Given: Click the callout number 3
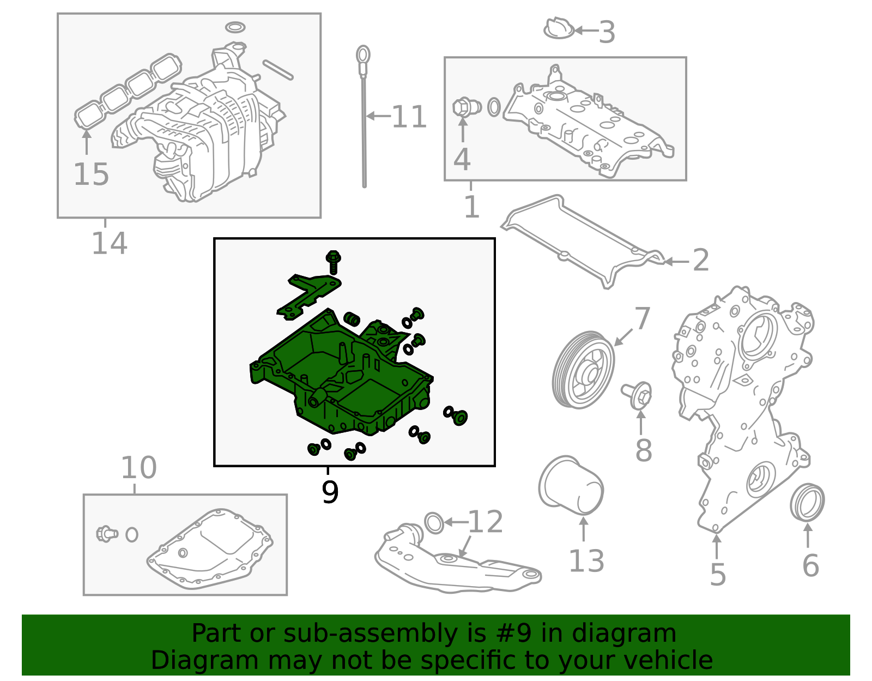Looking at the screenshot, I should pyautogui.click(x=607, y=32).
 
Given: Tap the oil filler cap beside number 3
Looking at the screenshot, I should pyautogui.click(x=559, y=29).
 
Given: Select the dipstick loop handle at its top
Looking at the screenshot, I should pyautogui.click(x=363, y=55).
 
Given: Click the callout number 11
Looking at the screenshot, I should pyautogui.click(x=409, y=117).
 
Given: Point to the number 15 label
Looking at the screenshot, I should pyautogui.click(x=91, y=174).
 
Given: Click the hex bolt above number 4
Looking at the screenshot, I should pyautogui.click(x=463, y=107).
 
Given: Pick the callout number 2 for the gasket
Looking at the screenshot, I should pyautogui.click(x=701, y=261).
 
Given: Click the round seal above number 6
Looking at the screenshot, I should pyautogui.click(x=807, y=502).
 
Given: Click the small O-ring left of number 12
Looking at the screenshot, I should pyautogui.click(x=434, y=522).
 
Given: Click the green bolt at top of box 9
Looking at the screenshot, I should pyautogui.click(x=333, y=261).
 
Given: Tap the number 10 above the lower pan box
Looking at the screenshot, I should pyautogui.click(x=138, y=468).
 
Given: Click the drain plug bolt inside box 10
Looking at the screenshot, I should pyautogui.click(x=107, y=533).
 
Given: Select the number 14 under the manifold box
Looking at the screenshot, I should pyautogui.click(x=109, y=243).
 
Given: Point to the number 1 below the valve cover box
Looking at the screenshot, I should pyautogui.click(x=471, y=207).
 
